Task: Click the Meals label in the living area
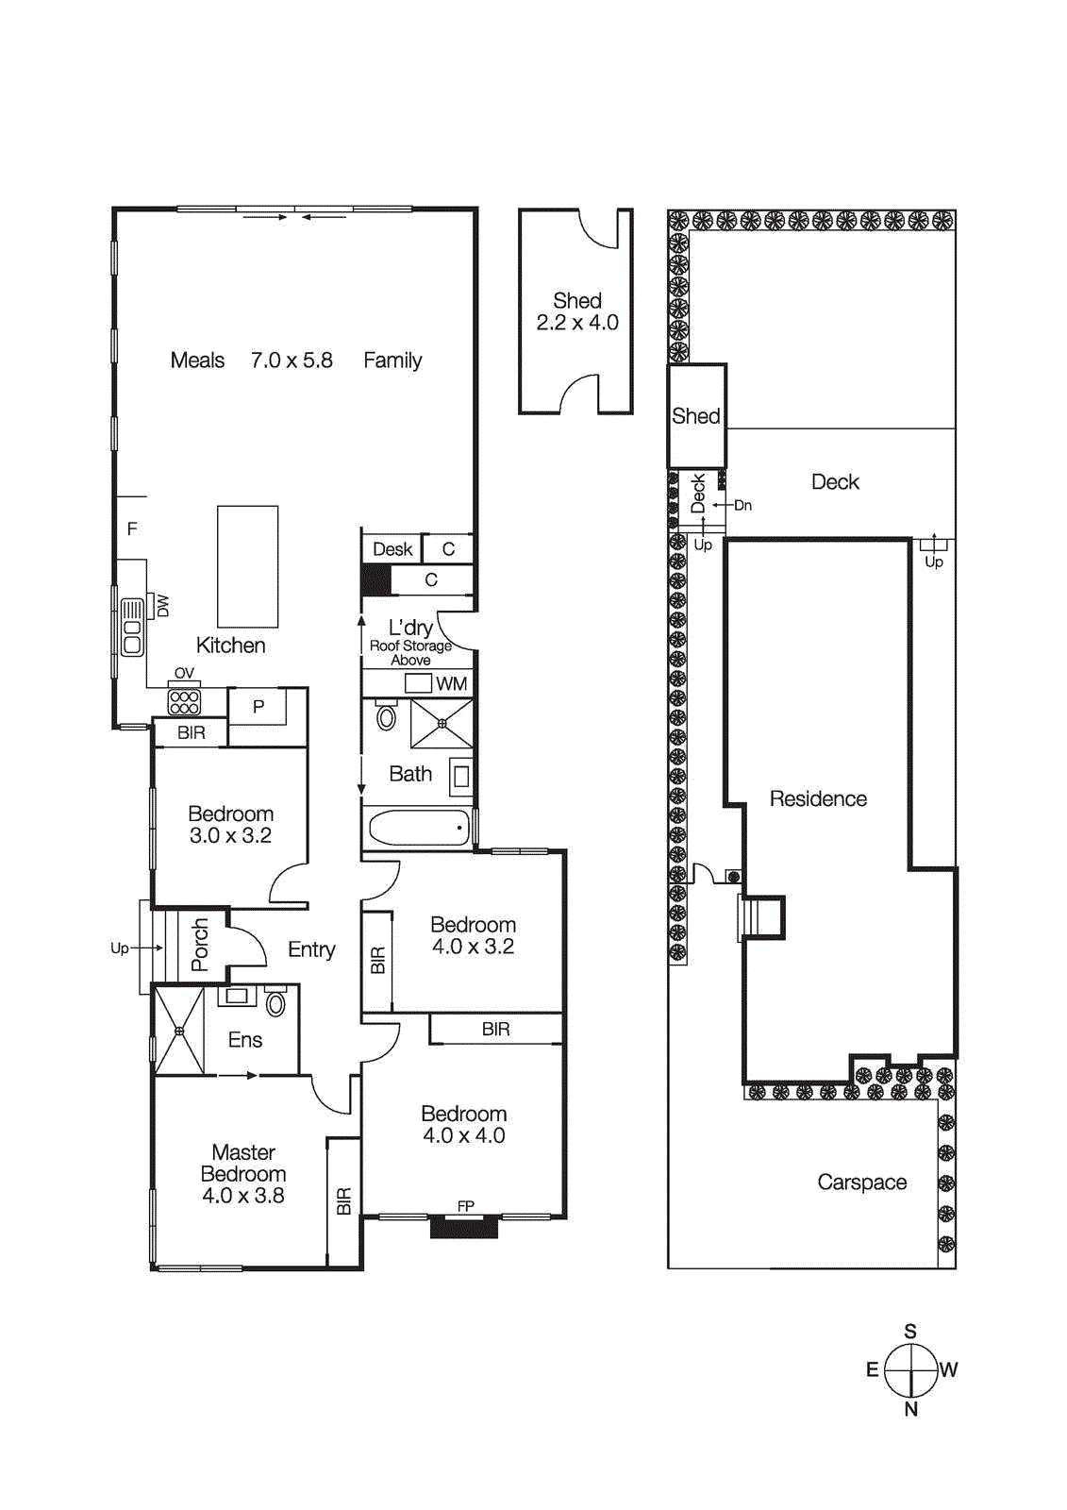197,361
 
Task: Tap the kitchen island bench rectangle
247,566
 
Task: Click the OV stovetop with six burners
184,701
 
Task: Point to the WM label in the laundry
451,684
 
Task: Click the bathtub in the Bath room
419,829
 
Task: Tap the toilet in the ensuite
275,1002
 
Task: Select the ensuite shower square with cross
179,1031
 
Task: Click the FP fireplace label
465,1206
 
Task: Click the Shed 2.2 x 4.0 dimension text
577,323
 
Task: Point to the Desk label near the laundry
392,549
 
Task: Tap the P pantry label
258,707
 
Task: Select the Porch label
200,945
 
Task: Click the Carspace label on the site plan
861,1183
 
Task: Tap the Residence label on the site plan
818,799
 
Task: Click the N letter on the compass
910,1409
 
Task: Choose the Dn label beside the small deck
743,506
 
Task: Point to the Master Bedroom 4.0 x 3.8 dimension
243,1196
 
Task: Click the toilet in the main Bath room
386,717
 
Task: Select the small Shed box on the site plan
696,416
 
